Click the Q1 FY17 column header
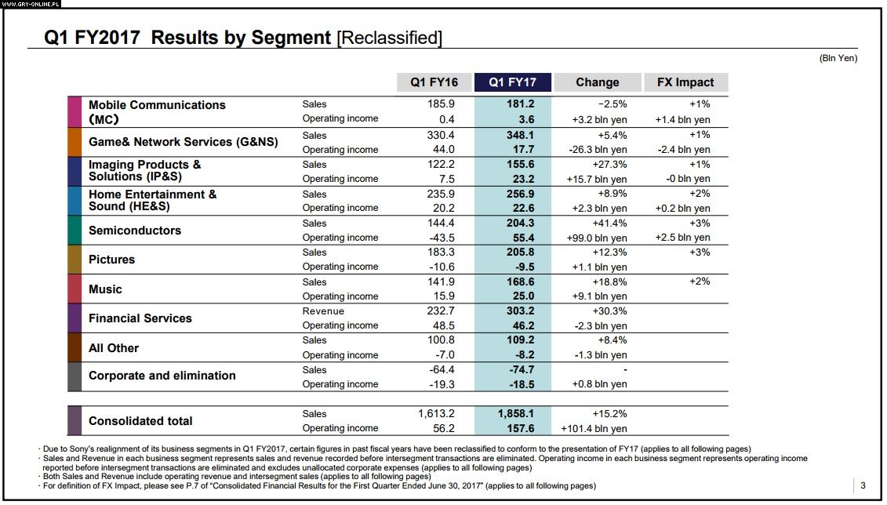pyautogui.click(x=512, y=82)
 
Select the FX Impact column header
pyautogui.click(x=685, y=82)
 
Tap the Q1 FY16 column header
pyautogui.click(x=434, y=82)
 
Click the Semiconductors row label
pyautogui.click(x=135, y=231)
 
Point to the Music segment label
pyautogui.click(x=105, y=289)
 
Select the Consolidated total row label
pyautogui.click(x=140, y=421)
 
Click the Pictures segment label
pyautogui.click(x=112, y=260)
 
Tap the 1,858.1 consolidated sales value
pyautogui.click(x=515, y=413)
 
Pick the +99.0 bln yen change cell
pyautogui.click(x=596, y=238)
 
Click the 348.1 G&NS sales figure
pyautogui.click(x=521, y=135)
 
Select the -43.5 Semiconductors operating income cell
pyautogui.click(x=442, y=238)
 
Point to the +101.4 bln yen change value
pyautogui.click(x=594, y=429)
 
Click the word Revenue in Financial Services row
pyautogui.click(x=323, y=311)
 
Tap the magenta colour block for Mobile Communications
pyautogui.click(x=74, y=112)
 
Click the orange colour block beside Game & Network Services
pyautogui.click(x=74, y=142)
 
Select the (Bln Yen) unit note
pyautogui.click(x=838, y=58)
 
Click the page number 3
pyautogui.click(x=863, y=485)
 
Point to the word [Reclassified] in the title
pyautogui.click(x=389, y=38)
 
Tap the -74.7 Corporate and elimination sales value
pyautogui.click(x=522, y=369)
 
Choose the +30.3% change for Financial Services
pyautogui.click(x=610, y=311)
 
